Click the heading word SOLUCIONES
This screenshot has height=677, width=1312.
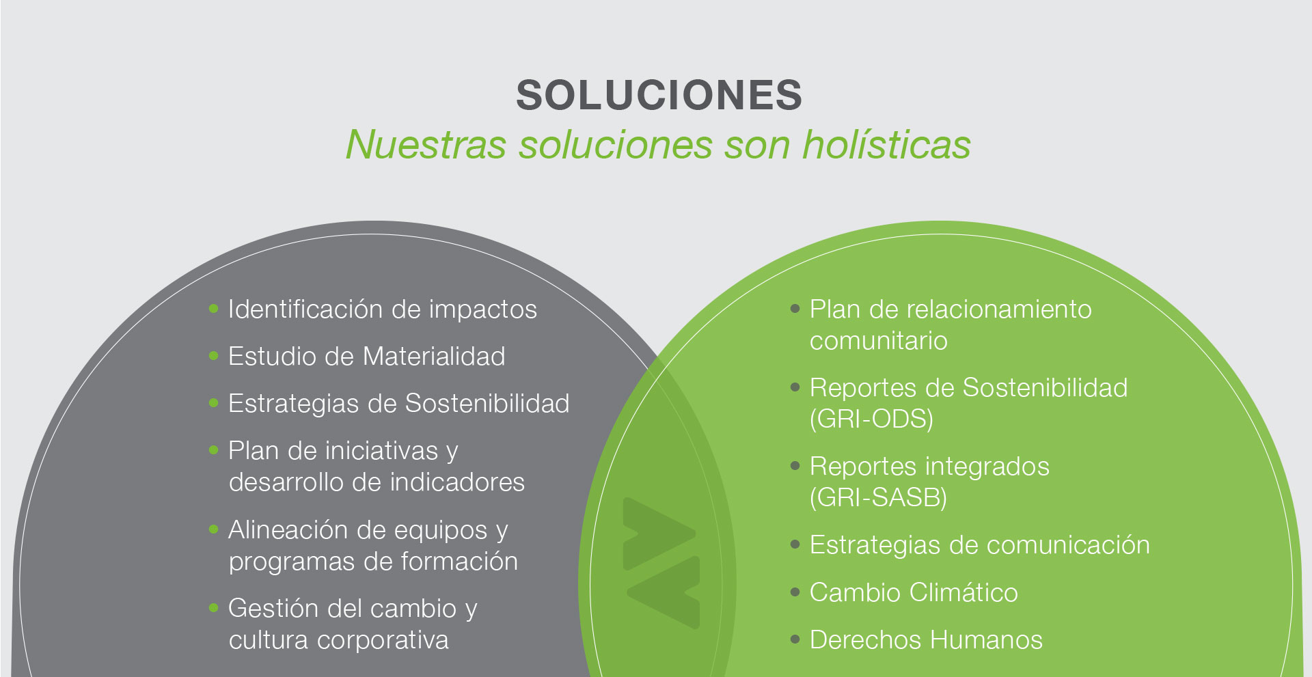(x=659, y=94)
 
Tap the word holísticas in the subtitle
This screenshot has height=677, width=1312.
(x=886, y=145)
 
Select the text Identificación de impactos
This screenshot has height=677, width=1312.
(x=383, y=309)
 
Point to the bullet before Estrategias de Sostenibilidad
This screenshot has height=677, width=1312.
(x=213, y=403)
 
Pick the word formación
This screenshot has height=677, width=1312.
(x=459, y=562)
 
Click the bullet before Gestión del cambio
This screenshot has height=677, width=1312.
(x=213, y=607)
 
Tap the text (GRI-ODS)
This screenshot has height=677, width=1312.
(x=871, y=419)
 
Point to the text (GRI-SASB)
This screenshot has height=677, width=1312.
(x=878, y=497)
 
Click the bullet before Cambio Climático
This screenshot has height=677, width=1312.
(x=795, y=592)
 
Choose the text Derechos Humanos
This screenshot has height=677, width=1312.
(x=926, y=640)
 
